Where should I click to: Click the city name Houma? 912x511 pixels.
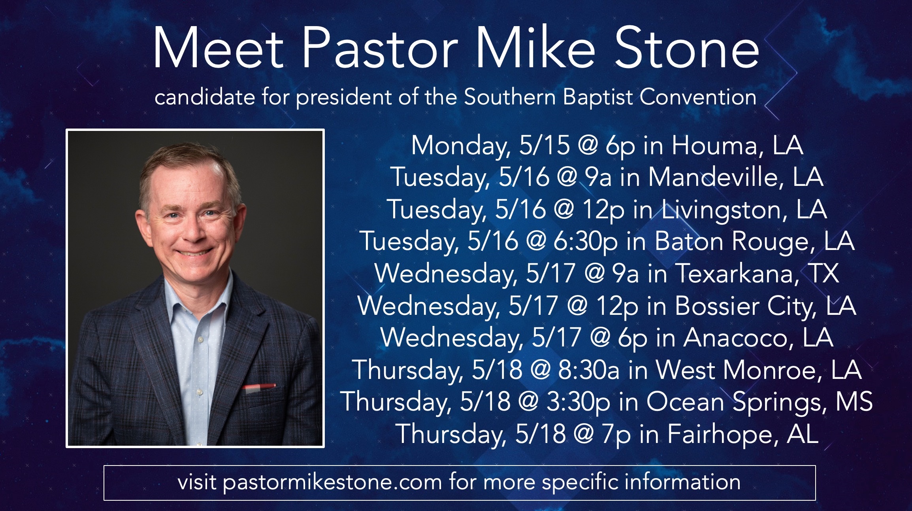point(714,145)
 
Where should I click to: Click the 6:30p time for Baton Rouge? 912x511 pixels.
point(585,241)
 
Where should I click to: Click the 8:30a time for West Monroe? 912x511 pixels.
point(589,369)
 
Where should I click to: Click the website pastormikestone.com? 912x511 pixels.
point(332,483)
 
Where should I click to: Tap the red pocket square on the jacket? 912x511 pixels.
point(259,386)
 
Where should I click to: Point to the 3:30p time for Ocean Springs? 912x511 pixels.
point(578,402)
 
